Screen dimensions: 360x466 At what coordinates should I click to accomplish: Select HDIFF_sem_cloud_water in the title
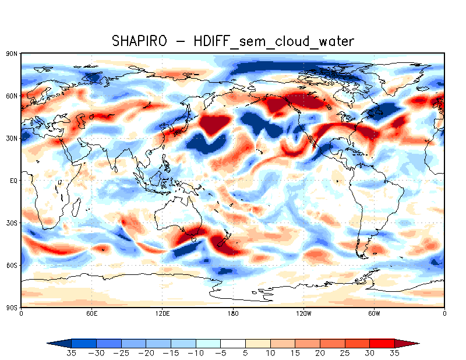click(x=274, y=41)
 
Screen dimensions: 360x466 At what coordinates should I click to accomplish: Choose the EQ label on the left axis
click(x=13, y=181)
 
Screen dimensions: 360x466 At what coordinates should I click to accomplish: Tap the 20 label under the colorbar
click(x=320, y=353)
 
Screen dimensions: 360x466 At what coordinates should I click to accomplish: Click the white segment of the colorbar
click(x=233, y=343)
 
